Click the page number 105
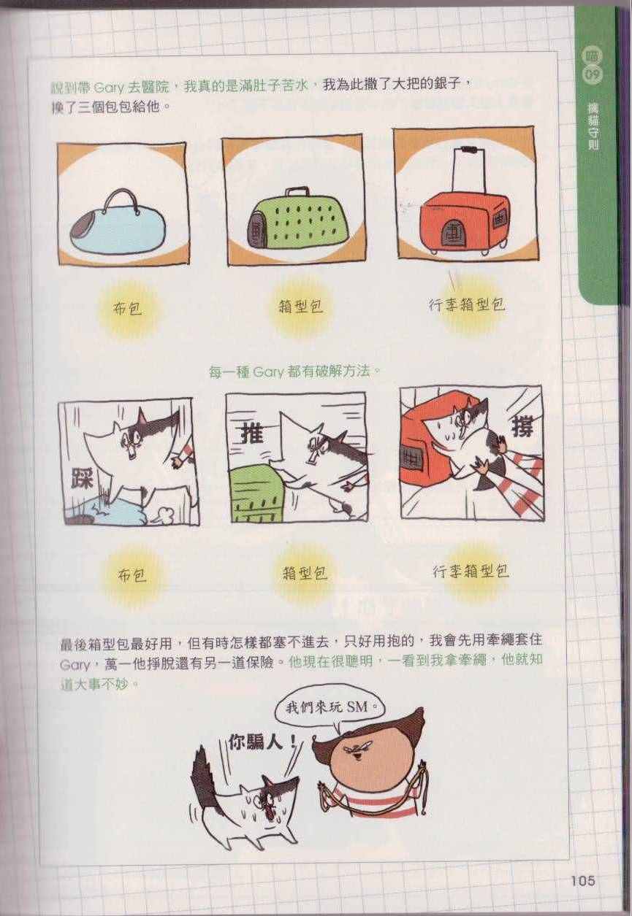coord(583,880)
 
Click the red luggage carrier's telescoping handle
coord(468,172)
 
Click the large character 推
coord(251,433)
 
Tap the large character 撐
coord(522,427)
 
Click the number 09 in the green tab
coord(592,75)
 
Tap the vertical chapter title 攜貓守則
coord(593,127)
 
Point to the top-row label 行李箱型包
coord(467,304)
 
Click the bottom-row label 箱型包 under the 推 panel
coord(305,573)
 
